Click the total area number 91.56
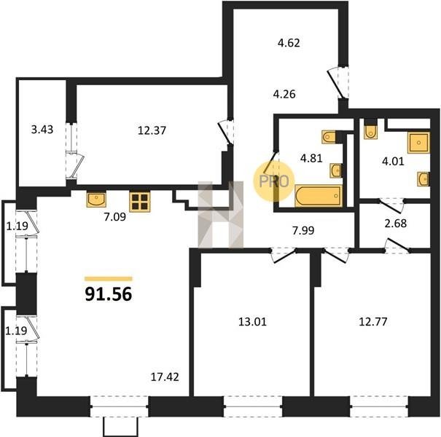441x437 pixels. [x=109, y=294]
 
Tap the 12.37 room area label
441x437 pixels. [x=152, y=130]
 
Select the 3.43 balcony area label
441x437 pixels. [x=42, y=130]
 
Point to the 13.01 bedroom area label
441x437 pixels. [x=252, y=322]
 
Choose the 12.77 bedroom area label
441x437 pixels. [x=373, y=321]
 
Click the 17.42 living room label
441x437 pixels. [x=165, y=377]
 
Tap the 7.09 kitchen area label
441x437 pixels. [x=114, y=217]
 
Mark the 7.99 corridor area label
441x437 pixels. [x=303, y=231]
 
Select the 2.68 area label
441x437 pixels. [x=395, y=224]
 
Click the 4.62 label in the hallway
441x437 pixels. [x=289, y=43]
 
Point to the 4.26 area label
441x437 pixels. [x=284, y=94]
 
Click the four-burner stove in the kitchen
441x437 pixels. [x=140, y=202]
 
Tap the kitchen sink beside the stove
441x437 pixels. [x=96, y=200]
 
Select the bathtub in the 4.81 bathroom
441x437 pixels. [x=319, y=196]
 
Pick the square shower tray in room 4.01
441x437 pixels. [x=419, y=143]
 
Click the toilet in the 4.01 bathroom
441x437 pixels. [x=370, y=132]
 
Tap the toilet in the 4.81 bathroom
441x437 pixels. [x=329, y=137]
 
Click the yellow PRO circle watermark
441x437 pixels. [x=273, y=181]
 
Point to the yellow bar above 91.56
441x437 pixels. [x=109, y=279]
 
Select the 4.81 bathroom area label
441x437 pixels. [x=311, y=159]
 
